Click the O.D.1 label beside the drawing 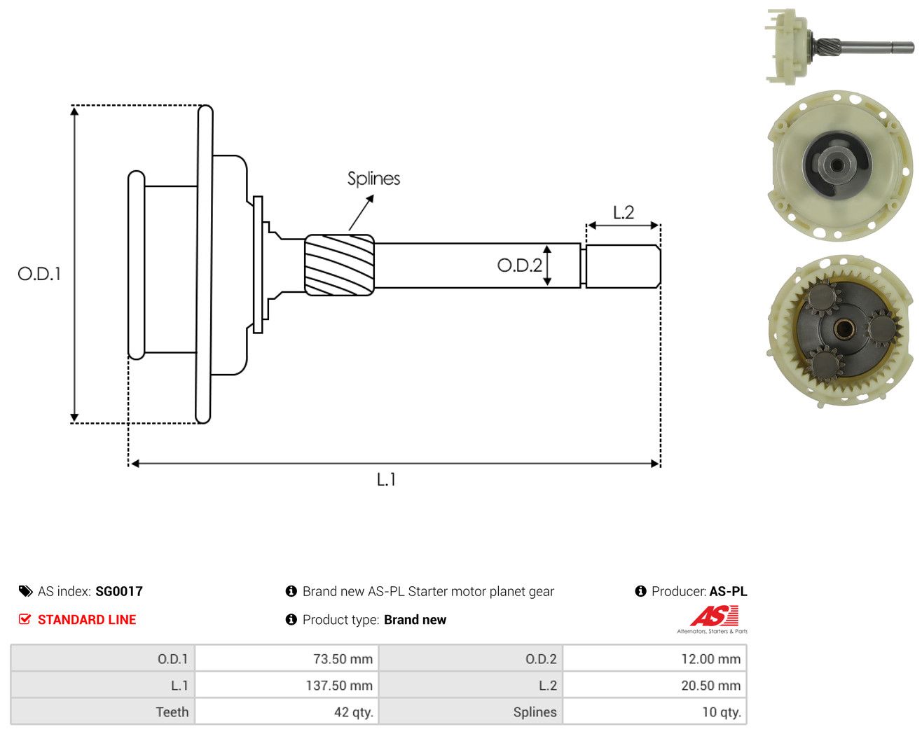tap(39, 274)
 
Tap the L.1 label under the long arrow tap(386, 480)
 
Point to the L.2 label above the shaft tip tap(624, 212)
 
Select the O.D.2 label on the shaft tap(519, 265)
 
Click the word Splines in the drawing tap(373, 179)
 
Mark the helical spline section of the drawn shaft tap(339, 265)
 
